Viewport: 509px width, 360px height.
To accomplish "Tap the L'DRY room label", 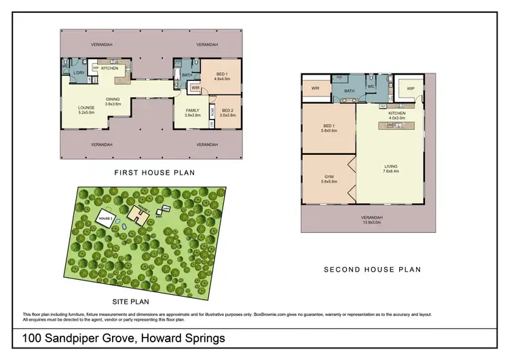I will click(x=79, y=72).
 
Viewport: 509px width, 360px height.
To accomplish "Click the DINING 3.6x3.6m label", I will click(x=113, y=101).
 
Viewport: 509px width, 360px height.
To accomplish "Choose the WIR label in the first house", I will click(x=194, y=88).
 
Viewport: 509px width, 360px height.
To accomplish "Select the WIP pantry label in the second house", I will click(x=410, y=89).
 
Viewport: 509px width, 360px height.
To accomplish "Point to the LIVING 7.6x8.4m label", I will click(x=390, y=168).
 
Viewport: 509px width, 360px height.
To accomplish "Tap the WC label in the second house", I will click(x=371, y=87).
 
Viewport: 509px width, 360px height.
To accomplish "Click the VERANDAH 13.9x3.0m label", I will click(x=371, y=219).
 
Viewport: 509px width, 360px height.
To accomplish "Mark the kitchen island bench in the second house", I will click(x=396, y=126).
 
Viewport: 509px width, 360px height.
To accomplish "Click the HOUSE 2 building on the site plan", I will click(x=105, y=219).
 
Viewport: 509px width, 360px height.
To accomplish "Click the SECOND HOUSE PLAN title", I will click(x=372, y=270).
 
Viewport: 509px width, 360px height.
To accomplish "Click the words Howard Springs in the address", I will click(x=181, y=338).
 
